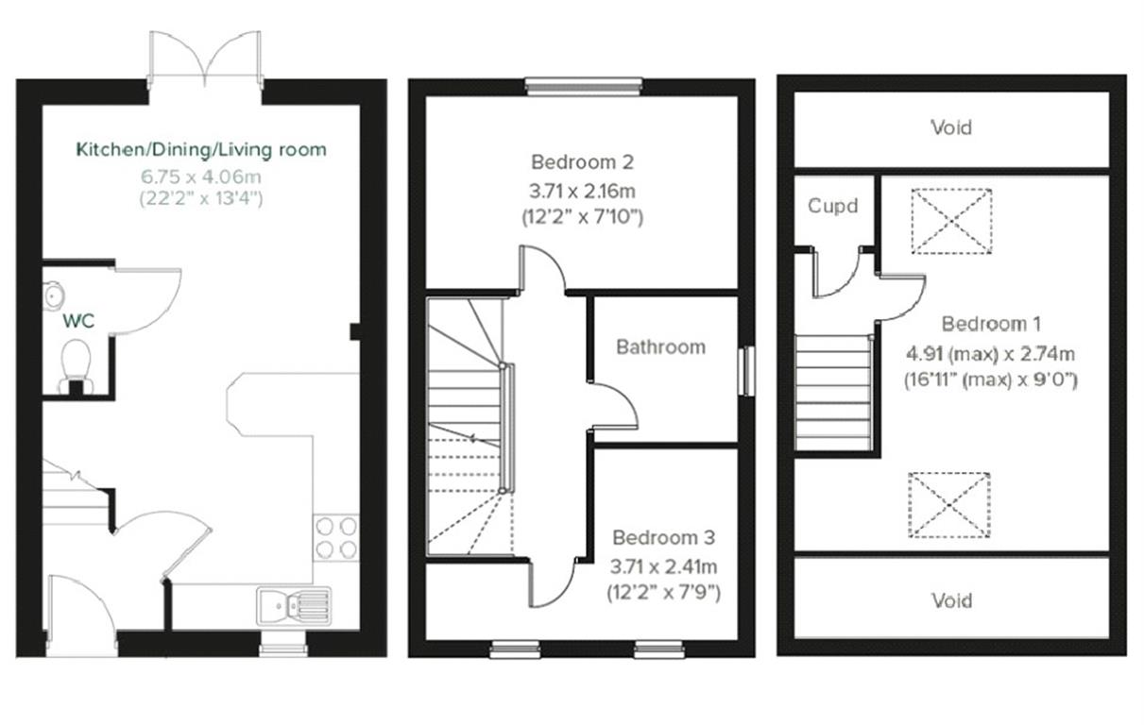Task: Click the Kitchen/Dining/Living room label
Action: [x=201, y=149]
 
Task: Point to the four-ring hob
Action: [x=335, y=537]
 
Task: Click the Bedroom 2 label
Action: [x=582, y=160]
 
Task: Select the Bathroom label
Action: [x=660, y=346]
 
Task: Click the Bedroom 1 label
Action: [x=991, y=324]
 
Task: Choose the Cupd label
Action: [x=833, y=205]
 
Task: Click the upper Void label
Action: [x=950, y=127]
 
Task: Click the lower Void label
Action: [x=950, y=600]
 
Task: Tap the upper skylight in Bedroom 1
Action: [x=951, y=221]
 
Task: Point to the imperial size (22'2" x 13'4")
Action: [x=201, y=198]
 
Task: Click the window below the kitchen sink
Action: [x=283, y=648]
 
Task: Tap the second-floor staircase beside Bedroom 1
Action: [x=832, y=393]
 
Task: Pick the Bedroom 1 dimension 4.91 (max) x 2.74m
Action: [x=991, y=354]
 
